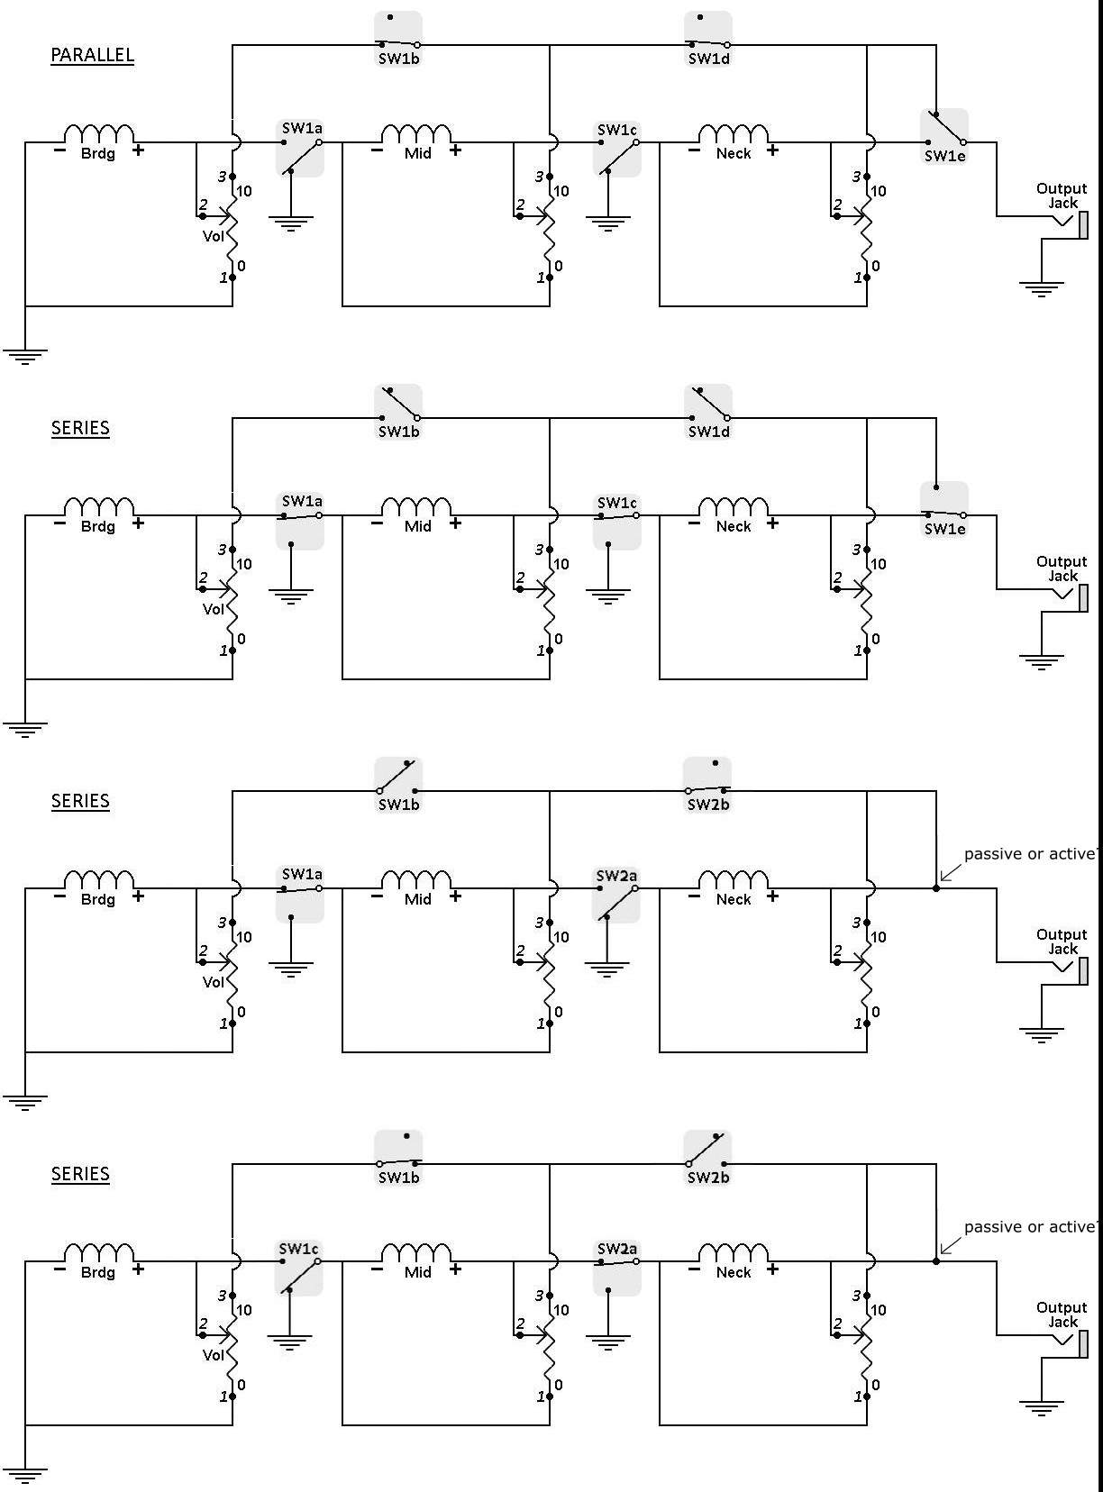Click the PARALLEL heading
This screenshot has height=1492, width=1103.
tap(92, 54)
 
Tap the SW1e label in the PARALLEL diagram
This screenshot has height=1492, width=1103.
tap(944, 156)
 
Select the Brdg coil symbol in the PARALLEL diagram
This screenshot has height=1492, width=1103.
tap(100, 133)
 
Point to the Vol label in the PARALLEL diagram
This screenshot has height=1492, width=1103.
tap(213, 236)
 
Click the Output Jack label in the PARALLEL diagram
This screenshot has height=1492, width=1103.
tap(1062, 196)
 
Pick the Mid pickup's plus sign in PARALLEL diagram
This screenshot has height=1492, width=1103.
tap(456, 150)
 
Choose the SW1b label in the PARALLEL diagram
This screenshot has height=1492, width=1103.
tap(398, 59)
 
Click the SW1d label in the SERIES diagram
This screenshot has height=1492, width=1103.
tap(708, 432)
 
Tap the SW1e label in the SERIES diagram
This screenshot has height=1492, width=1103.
tap(944, 530)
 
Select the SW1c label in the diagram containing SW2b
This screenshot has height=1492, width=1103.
tap(299, 1249)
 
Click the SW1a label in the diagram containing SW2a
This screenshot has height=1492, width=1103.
tap(302, 875)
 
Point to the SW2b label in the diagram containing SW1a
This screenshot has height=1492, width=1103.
tap(708, 805)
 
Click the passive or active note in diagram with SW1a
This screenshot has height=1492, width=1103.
tap(1030, 854)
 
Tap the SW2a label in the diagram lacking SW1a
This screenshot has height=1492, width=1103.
tap(616, 1249)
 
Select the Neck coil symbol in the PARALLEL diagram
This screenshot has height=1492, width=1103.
tap(734, 133)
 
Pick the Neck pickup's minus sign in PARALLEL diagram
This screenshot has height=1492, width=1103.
tap(694, 150)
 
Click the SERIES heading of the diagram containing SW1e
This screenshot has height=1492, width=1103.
tap(80, 428)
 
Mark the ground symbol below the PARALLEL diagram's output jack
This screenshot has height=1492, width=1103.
tap(1041, 290)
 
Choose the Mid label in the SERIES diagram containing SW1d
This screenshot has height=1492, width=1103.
tap(417, 527)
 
